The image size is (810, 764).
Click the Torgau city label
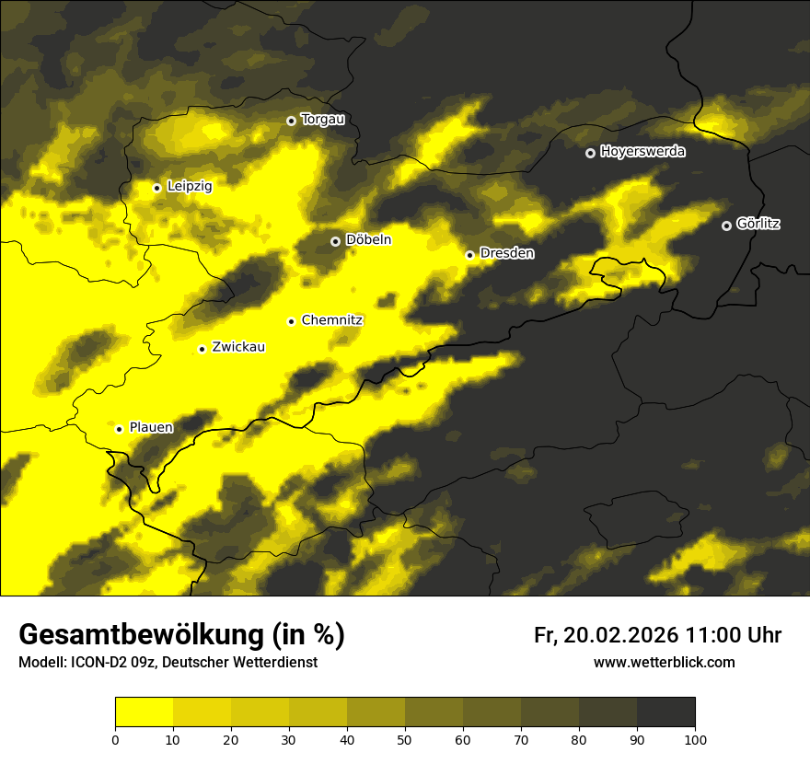(x=322, y=120)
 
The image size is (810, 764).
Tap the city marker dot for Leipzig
(x=157, y=188)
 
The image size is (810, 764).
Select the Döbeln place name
(x=368, y=240)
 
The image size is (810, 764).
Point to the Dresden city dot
(x=469, y=255)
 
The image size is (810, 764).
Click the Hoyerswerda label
(x=642, y=152)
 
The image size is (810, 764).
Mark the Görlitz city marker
(x=726, y=226)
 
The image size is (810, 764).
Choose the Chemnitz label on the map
(x=332, y=320)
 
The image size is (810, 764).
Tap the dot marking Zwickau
(x=202, y=349)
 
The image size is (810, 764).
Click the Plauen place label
(x=151, y=428)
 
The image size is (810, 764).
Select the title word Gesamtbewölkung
(x=141, y=635)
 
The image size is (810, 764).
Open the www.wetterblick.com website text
(x=665, y=662)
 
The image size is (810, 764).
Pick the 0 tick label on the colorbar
(x=115, y=739)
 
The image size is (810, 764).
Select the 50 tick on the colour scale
(x=405, y=739)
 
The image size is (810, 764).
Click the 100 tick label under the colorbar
(x=695, y=739)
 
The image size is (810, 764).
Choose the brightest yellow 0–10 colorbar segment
(x=144, y=712)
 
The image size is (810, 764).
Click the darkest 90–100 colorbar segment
(x=665, y=712)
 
